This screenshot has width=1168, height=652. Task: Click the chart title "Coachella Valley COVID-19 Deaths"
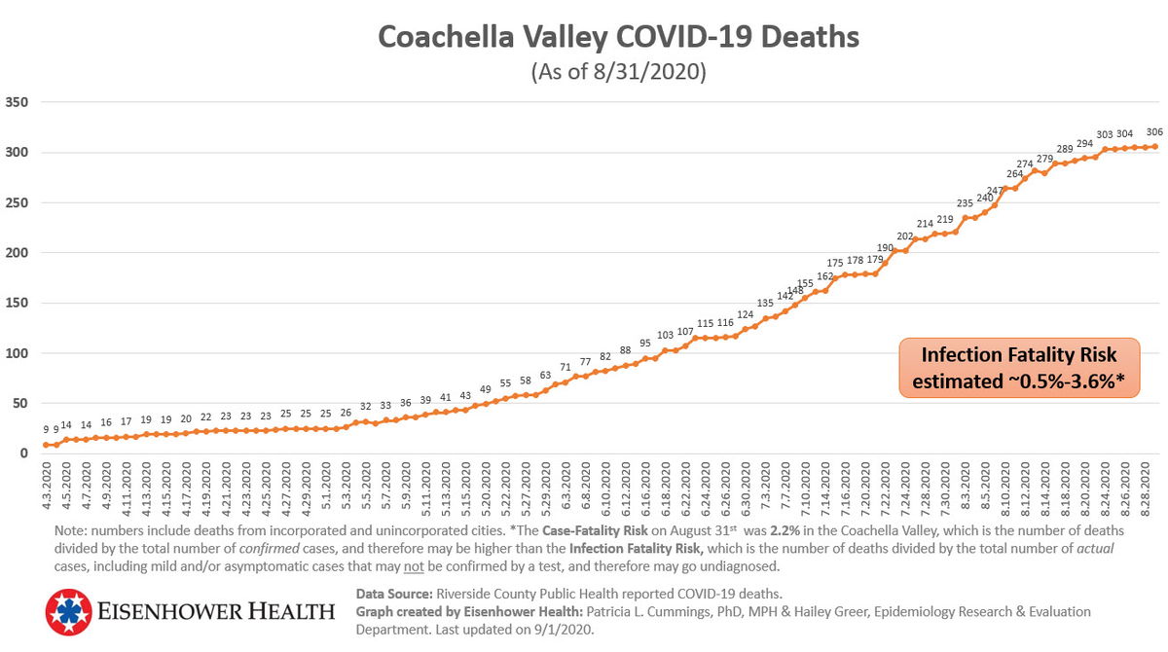coord(618,37)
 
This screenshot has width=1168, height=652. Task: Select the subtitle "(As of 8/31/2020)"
coord(618,72)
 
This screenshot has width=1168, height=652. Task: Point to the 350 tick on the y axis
coord(18,102)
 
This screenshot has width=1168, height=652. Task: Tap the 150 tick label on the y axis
coord(18,304)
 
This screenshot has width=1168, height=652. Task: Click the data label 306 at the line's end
coord(1154,132)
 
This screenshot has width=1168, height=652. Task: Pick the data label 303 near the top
coord(1105,135)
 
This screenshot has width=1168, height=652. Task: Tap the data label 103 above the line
coord(665,335)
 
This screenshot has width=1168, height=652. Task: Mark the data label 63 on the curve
coord(545,375)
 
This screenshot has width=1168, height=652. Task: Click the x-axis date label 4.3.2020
coord(46,490)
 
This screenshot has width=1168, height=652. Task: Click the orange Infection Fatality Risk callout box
coord(1019,369)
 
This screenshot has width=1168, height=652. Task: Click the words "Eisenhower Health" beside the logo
coord(216,612)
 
